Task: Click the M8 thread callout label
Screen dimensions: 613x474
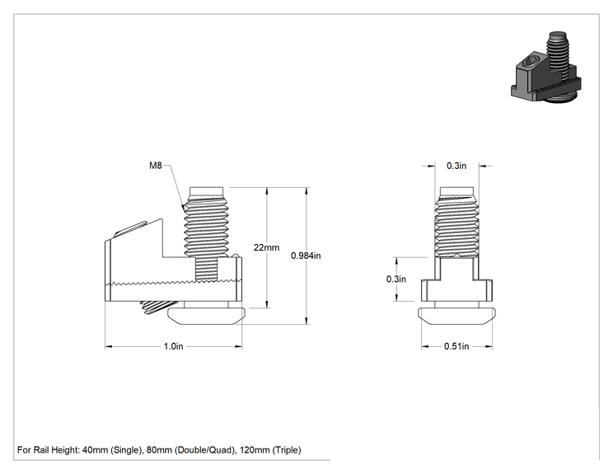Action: pos(155,166)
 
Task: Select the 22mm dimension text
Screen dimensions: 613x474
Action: pos(266,247)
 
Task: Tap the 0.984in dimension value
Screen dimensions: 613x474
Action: pos(306,256)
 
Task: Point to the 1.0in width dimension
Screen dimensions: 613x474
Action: pos(173,346)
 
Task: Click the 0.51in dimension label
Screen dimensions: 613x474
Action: pos(456,346)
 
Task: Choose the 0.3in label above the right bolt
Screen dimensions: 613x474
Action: pos(456,166)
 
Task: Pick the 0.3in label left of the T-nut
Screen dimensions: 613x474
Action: pos(396,279)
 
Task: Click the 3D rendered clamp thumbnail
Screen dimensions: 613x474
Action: pos(545,68)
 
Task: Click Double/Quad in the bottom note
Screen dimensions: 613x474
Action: pos(204,450)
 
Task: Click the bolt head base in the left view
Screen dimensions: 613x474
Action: pos(207,317)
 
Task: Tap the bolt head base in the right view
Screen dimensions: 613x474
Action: pos(456,317)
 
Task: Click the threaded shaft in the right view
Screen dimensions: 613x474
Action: pos(456,222)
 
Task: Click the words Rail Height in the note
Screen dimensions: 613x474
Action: pos(56,450)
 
